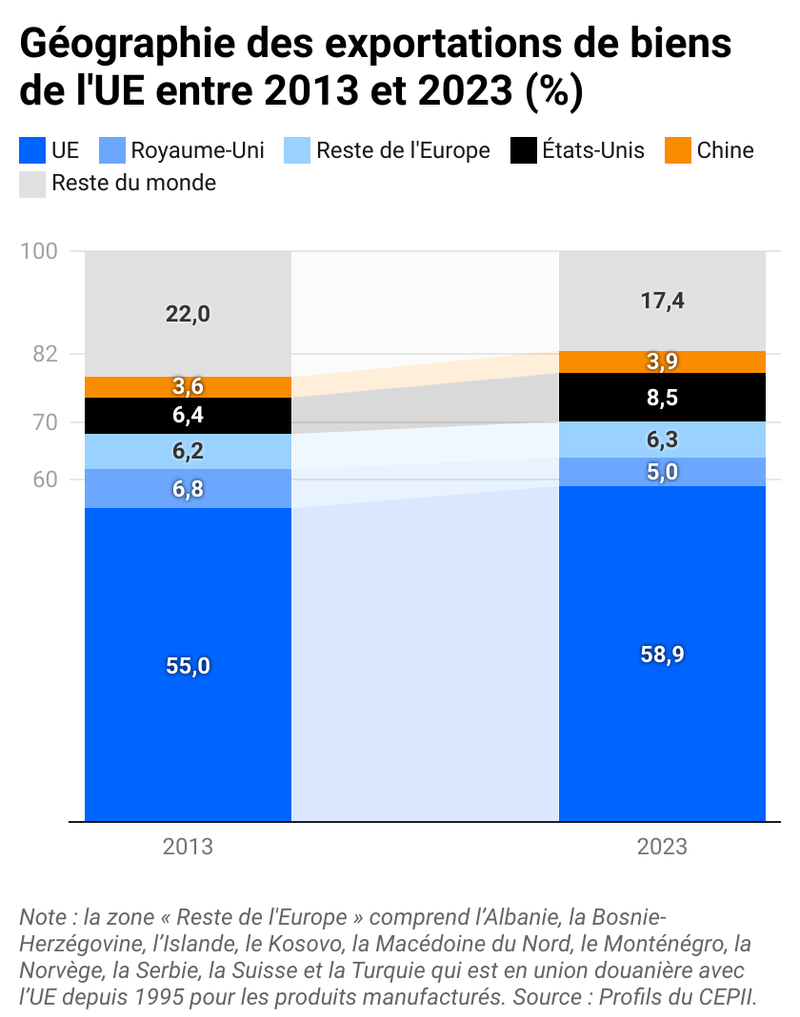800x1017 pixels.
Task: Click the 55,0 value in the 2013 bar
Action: (188, 666)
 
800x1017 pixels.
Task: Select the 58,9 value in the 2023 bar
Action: (662, 655)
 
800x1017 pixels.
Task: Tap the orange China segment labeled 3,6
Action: (188, 386)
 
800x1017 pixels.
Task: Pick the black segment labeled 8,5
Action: (662, 398)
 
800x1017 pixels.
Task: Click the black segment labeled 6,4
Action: (188, 415)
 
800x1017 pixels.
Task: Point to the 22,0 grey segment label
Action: (188, 314)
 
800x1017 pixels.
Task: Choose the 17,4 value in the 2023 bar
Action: (662, 302)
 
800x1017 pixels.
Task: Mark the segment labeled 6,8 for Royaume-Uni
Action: (188, 489)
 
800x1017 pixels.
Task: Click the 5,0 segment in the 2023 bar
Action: (662, 472)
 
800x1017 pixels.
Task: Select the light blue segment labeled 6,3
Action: (662, 440)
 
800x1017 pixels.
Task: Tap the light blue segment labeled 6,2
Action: (188, 452)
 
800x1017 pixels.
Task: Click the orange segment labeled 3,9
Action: (662, 362)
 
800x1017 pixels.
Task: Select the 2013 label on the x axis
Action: (188, 847)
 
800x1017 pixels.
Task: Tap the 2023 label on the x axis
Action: (662, 847)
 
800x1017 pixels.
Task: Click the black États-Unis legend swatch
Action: (524, 150)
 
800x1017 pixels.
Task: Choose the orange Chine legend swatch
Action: (678, 150)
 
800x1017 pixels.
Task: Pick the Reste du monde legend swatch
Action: (32, 184)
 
